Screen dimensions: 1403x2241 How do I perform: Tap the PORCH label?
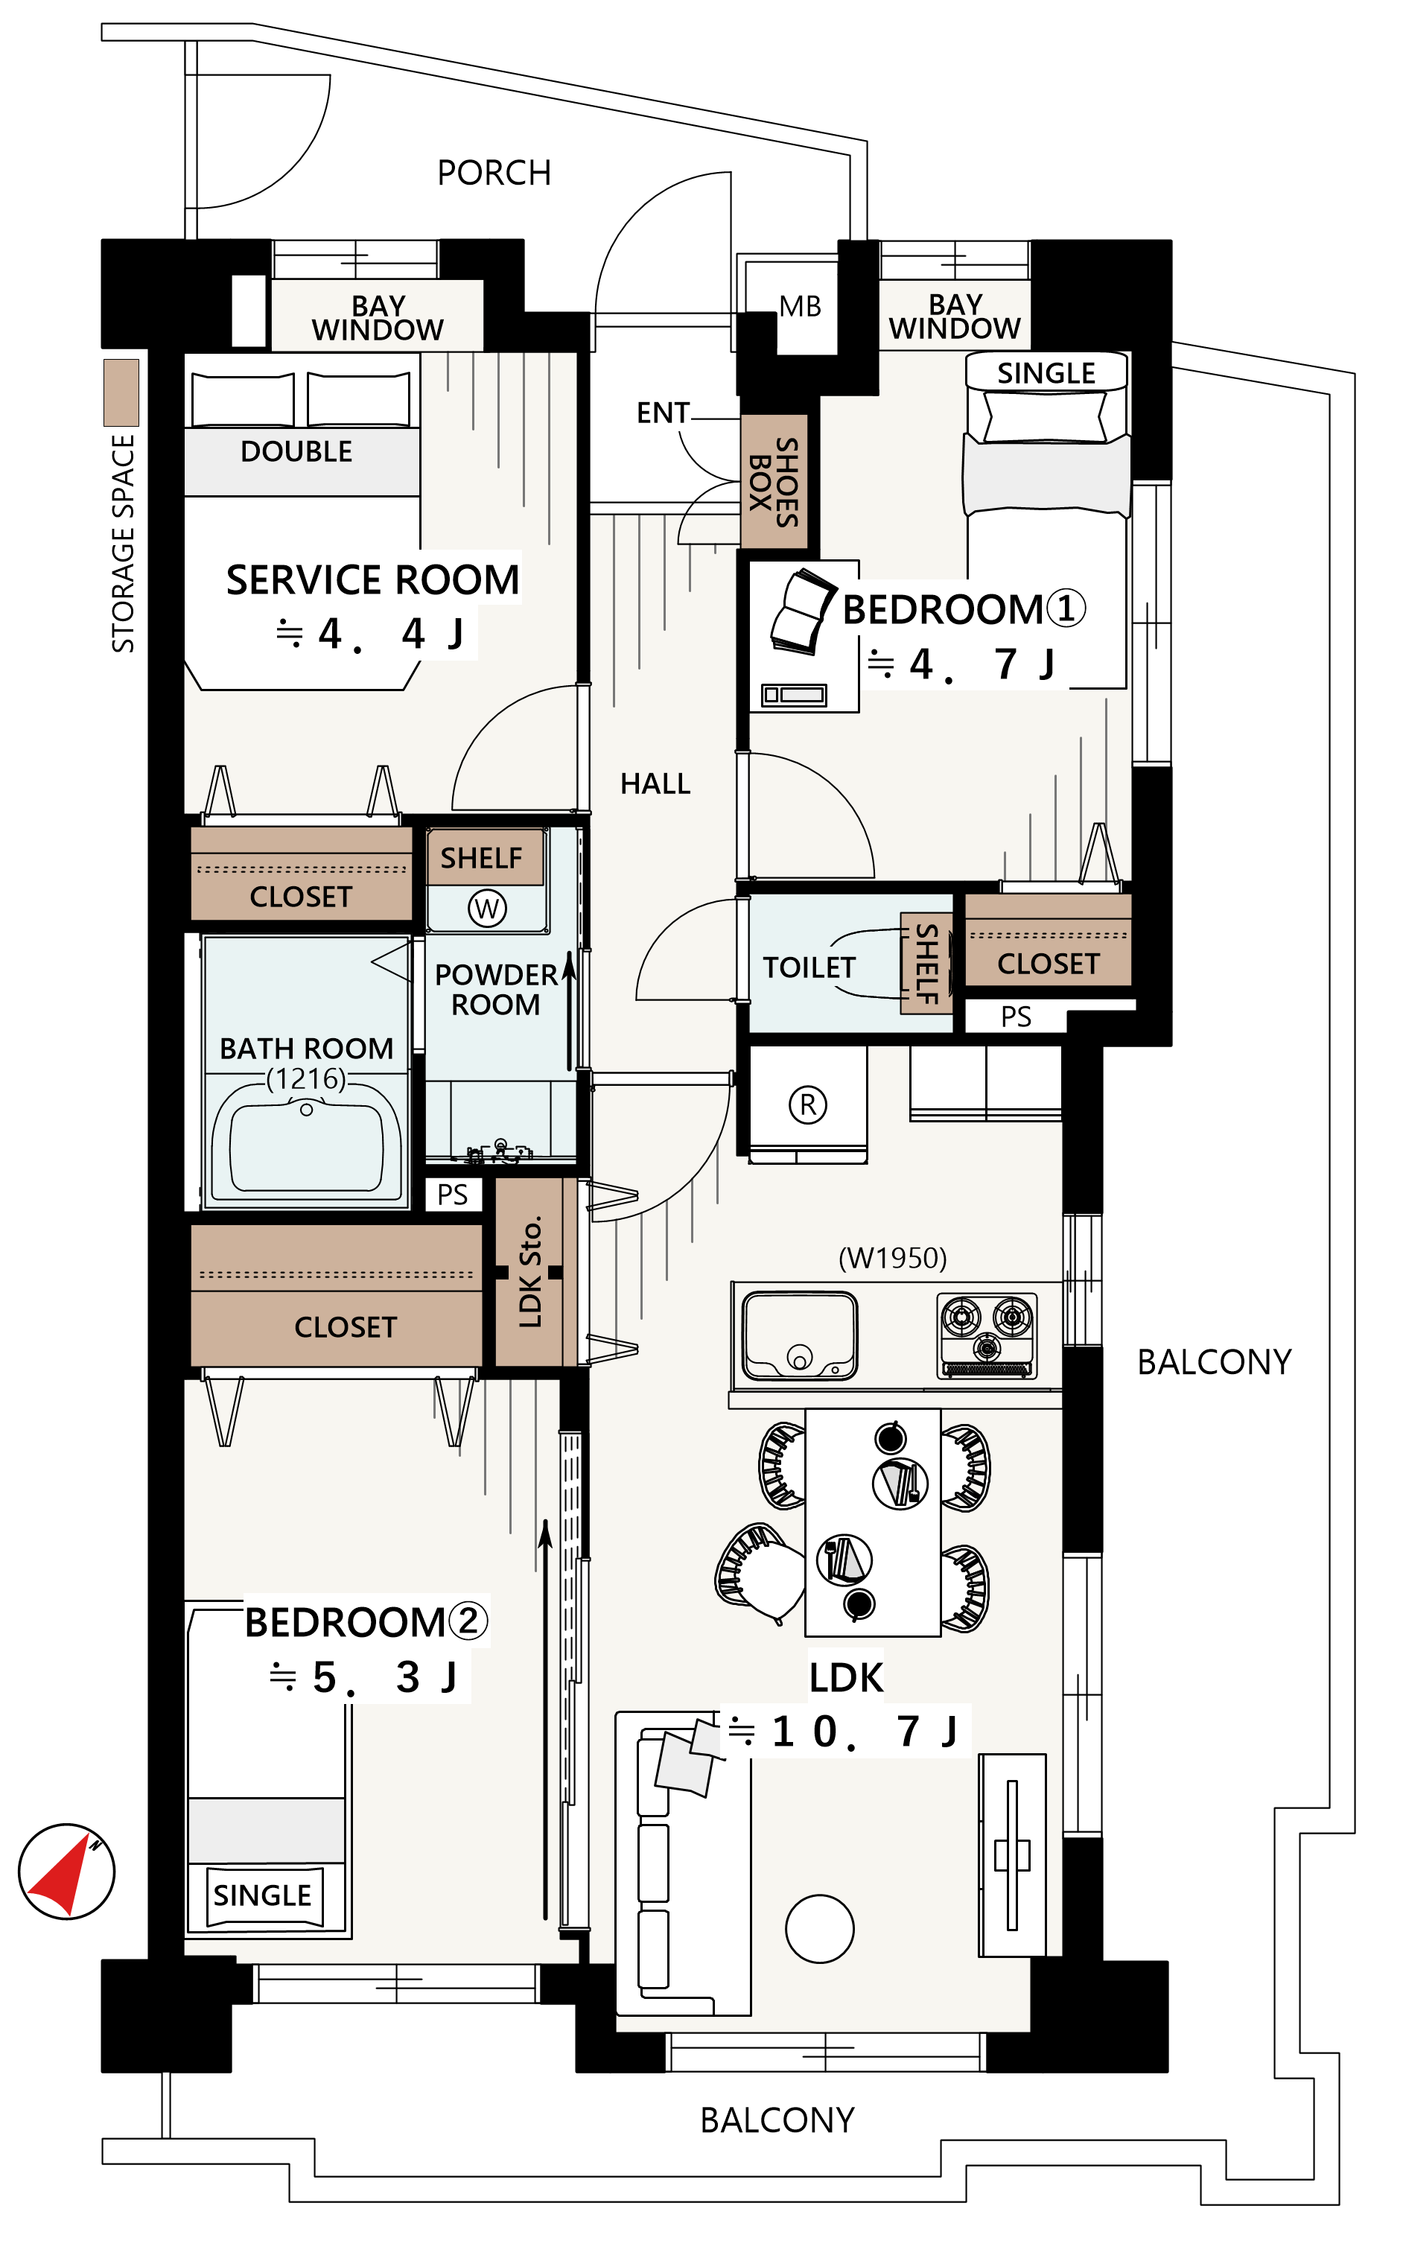494,174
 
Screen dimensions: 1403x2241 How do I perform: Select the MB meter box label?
800,306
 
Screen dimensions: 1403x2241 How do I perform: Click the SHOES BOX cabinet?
774,482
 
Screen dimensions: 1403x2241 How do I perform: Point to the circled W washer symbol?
487,908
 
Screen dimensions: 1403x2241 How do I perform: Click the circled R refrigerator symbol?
807,1104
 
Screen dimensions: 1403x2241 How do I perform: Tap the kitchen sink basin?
799,1335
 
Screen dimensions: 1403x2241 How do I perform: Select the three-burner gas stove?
987,1335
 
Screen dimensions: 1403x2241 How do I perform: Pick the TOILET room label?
808,968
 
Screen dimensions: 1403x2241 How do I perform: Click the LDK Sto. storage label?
529,1271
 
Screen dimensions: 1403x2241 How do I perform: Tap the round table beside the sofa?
819,1928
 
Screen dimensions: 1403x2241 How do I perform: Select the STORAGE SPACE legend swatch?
121,392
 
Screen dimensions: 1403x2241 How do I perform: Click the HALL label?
655,784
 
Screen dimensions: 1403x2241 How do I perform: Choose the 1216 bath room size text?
306,1079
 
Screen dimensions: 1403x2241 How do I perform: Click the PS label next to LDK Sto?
453,1195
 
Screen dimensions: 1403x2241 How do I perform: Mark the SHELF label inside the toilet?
926,964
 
